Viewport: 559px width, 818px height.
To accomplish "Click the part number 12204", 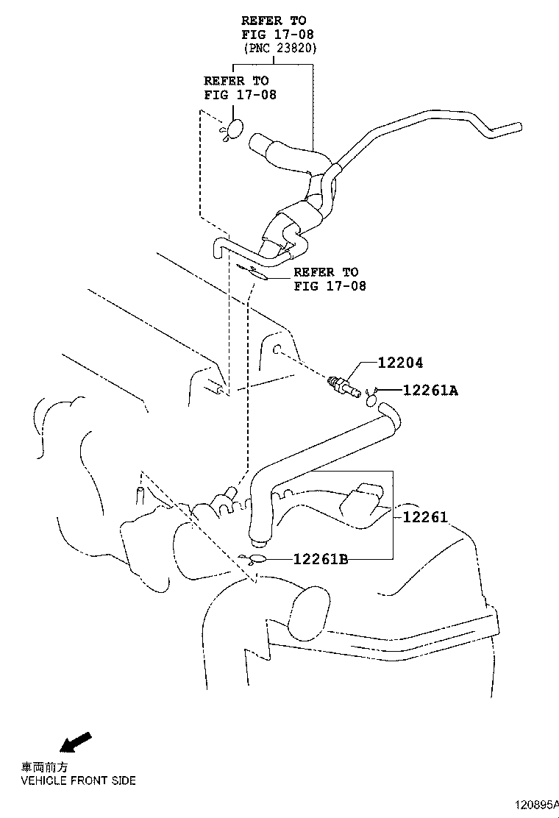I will click(x=401, y=363).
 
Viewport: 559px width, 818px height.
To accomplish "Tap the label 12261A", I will click(x=430, y=391).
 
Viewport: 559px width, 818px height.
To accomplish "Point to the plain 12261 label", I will click(x=424, y=517).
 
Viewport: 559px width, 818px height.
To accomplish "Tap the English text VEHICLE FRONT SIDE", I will click(x=78, y=780).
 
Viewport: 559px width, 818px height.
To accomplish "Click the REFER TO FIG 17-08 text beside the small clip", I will click(x=329, y=279).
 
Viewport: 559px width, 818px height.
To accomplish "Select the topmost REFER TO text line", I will click(x=274, y=21).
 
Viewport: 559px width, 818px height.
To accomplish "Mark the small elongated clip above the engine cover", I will click(x=253, y=271).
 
